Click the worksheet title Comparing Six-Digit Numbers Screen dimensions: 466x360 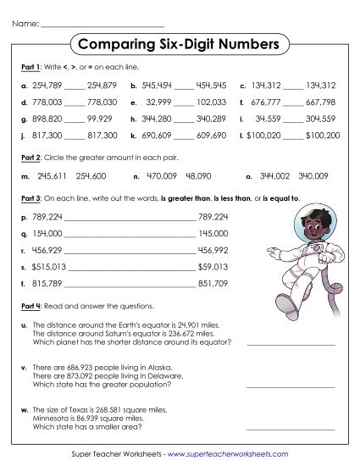pos(178,43)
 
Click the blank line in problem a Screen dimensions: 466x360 pos(75,85)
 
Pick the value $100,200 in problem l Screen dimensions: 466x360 pos(322,135)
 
